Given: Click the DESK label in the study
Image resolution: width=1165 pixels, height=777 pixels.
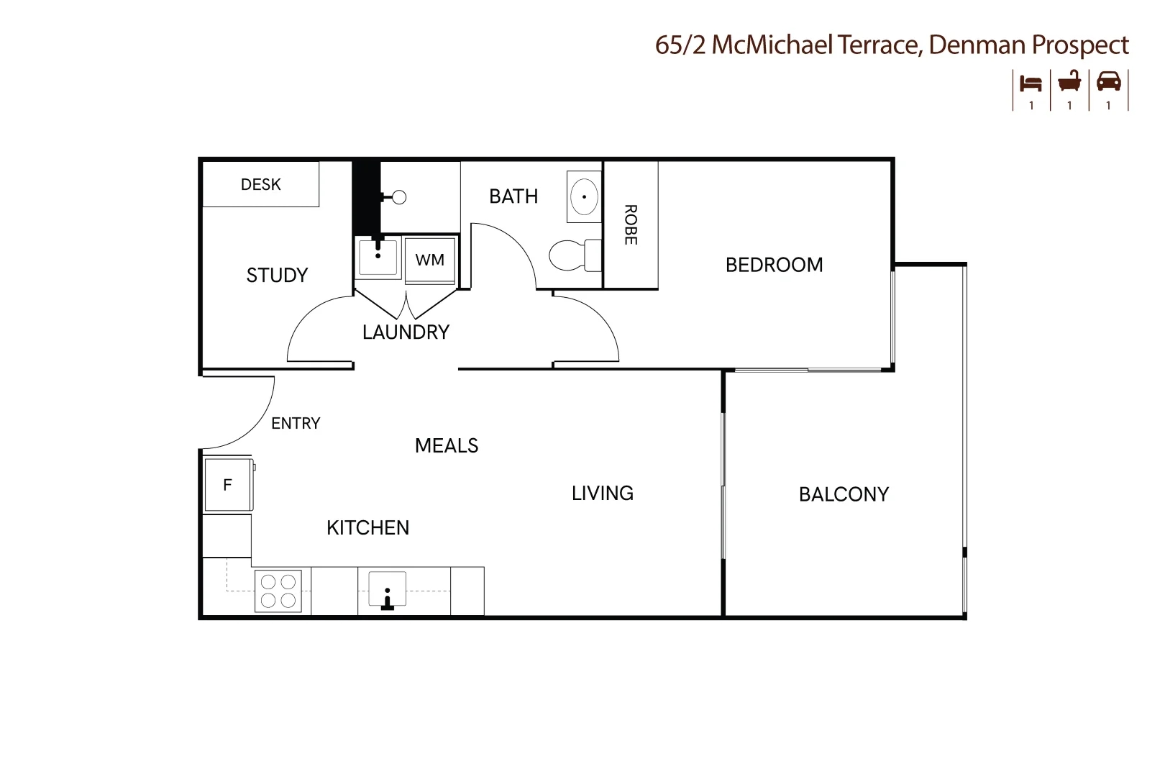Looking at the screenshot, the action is (260, 184).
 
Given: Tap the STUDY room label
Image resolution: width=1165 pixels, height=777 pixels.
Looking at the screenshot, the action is (277, 275).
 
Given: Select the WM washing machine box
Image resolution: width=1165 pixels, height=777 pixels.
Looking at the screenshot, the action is (430, 260).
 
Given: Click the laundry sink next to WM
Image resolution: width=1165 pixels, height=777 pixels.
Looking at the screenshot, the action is (378, 257).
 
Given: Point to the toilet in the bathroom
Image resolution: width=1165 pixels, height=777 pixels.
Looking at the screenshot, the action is (575, 255).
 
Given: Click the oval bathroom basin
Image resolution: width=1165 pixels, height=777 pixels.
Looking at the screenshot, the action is (584, 196).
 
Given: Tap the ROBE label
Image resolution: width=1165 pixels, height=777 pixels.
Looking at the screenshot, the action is (631, 224).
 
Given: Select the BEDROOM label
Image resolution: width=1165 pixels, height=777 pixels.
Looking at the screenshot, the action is (774, 265).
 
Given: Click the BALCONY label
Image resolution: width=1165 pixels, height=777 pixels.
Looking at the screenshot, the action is (844, 494).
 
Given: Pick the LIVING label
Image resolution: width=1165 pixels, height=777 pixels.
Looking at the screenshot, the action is (602, 493).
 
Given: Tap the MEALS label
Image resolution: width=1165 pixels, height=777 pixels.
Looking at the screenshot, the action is (447, 445).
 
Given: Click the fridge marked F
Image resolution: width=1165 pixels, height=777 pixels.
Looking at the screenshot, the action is (228, 484).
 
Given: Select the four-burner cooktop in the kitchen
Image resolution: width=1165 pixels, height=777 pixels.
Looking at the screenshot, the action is (278, 591).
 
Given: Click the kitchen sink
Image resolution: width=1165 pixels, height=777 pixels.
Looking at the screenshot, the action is (388, 589).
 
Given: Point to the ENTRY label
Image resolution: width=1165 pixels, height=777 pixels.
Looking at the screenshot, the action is (296, 423).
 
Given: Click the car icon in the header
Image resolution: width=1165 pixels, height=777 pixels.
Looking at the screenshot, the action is (1109, 82).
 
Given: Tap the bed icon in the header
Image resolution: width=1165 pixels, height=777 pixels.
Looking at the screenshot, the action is (1031, 83).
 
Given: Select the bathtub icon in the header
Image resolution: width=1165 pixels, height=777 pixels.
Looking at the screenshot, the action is (1069, 82).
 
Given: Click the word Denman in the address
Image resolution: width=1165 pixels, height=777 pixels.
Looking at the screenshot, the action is (976, 45).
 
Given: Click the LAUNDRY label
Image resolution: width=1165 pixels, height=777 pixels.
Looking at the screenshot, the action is (406, 332).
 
